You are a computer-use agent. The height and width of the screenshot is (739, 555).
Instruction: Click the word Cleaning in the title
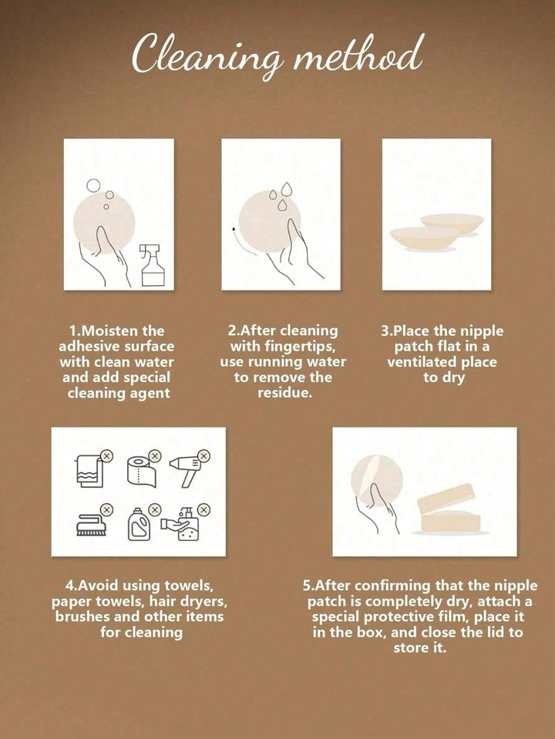pos(207,55)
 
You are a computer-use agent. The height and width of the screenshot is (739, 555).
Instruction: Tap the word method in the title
pos(357,53)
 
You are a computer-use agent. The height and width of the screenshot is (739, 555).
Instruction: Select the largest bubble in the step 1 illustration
pos(93,185)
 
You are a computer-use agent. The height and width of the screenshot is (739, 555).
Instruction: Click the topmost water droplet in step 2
pos(286,189)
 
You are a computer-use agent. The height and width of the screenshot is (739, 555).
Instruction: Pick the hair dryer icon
pos(187,469)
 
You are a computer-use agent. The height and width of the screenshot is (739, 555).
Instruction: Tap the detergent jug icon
pos(139,524)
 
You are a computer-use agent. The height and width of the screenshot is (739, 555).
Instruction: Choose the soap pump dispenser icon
pos(182,526)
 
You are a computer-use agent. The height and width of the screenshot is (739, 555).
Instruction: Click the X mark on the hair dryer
pos(203,455)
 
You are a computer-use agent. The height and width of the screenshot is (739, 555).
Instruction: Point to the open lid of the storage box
pos(445,498)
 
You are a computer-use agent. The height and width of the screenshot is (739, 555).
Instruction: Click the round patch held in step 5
pos(377,480)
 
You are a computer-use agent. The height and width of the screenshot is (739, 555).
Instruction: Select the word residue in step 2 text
pos(284,393)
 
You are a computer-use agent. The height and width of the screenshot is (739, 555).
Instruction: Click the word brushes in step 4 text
pos(89,616)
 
